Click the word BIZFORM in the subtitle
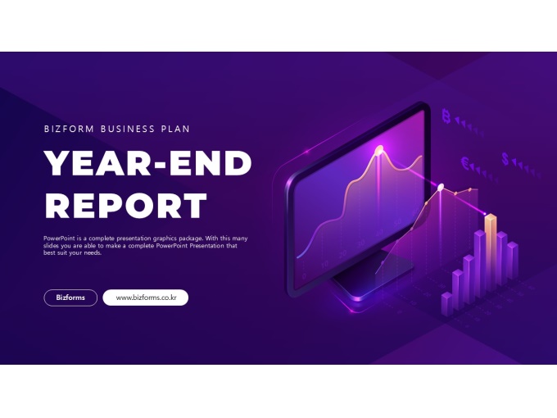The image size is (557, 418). pos(69,129)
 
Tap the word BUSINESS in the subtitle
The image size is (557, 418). pos(128,129)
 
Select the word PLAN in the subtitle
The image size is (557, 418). pos(175,129)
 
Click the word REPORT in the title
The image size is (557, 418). pos(126,206)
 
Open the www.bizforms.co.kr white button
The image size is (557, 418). pos(145,298)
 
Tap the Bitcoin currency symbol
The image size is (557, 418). pos(446,116)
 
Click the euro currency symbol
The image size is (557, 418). pos(465,163)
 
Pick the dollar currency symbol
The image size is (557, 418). pos(505,158)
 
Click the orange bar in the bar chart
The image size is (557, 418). pos(490,249)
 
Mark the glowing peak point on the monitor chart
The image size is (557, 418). pos(379,150)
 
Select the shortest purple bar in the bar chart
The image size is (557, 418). pos(447,304)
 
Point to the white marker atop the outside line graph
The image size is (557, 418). pos(441,187)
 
